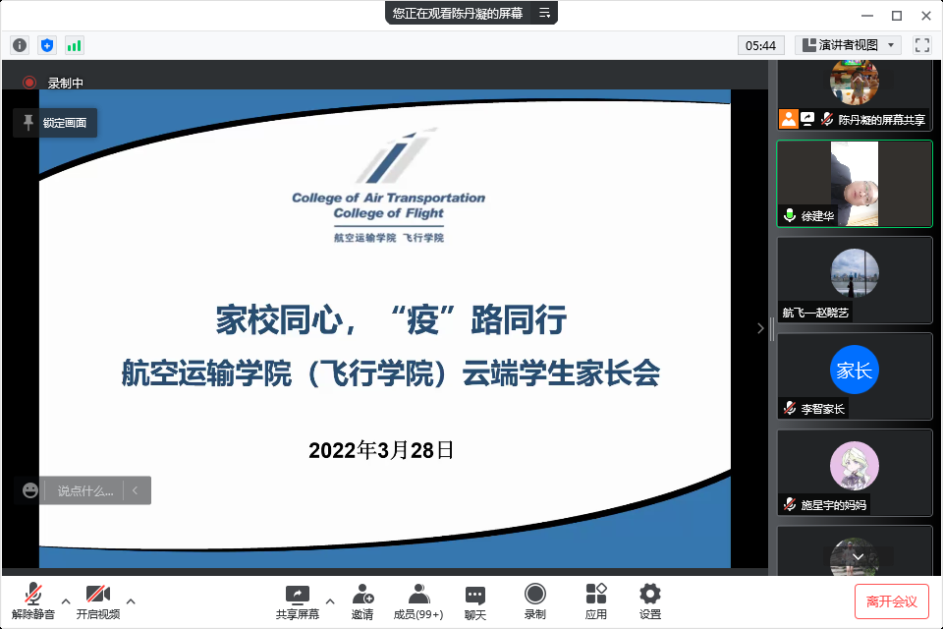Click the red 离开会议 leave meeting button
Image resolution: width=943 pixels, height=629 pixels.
pos(891,600)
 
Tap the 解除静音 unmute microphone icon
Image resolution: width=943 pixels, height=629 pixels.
pos(33,594)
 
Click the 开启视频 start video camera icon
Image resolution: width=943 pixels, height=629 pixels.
pos(98,594)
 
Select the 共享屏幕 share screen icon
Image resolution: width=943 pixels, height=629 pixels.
pos(297,595)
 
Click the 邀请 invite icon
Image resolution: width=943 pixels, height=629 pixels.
pos(362,594)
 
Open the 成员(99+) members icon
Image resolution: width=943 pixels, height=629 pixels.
pos(418,594)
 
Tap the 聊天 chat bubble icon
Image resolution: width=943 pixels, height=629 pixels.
pos(475,596)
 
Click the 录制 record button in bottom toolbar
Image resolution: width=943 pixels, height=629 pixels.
pos(534,594)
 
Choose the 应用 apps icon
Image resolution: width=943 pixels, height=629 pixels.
pos(596,594)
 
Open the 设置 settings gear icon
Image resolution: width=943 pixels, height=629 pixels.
pos(650,594)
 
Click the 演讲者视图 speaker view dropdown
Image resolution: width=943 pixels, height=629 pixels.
pos(848,45)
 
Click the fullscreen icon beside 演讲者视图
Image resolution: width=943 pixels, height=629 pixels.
pos(922,45)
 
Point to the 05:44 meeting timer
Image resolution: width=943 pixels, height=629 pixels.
pos(760,46)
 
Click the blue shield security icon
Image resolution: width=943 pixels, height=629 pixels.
pos(47,45)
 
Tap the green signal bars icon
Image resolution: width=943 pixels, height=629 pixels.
pos(74,45)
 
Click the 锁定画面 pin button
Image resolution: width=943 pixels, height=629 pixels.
pos(55,123)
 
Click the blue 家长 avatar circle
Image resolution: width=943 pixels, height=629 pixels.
pos(854,370)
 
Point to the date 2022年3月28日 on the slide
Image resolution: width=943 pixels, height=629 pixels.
pos(381,450)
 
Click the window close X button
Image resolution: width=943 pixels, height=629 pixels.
pos(926,16)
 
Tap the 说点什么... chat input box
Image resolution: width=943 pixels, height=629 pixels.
pos(84,490)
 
